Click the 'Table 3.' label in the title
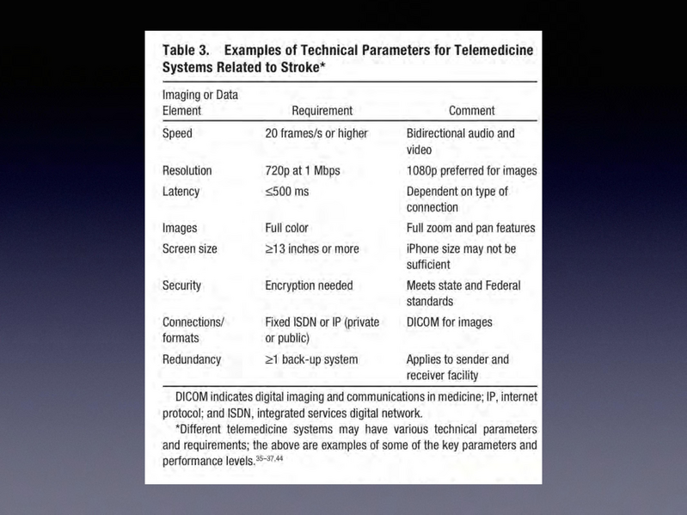[x=186, y=51]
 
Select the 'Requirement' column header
[x=322, y=110]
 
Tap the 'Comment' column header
[x=472, y=110]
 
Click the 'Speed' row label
[x=177, y=133]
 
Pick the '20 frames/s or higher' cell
[x=316, y=133]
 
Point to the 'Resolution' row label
[x=187, y=170]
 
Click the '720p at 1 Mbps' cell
[x=303, y=170]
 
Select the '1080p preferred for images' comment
[x=471, y=170]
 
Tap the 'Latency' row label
[x=181, y=191]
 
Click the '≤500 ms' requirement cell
[x=287, y=191]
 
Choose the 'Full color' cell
[x=286, y=228]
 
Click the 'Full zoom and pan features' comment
[x=470, y=228]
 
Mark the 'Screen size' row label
[x=189, y=248]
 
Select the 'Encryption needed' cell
[x=309, y=285]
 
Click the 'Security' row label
[x=181, y=285]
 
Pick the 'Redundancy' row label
[x=191, y=359]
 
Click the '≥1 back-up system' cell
[x=311, y=359]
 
